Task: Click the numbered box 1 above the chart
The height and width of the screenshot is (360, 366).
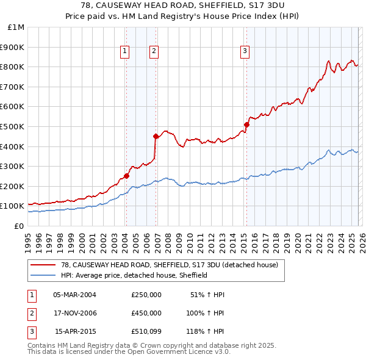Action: (x=124, y=52)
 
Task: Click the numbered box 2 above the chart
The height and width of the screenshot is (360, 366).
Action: (x=154, y=52)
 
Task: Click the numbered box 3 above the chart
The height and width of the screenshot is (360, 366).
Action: (x=244, y=52)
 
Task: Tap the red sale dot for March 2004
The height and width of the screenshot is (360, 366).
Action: (x=126, y=176)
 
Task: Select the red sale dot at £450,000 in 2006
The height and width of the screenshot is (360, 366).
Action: (x=156, y=136)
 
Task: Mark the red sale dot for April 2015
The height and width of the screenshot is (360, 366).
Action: (x=246, y=124)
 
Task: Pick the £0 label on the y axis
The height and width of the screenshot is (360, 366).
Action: (x=20, y=226)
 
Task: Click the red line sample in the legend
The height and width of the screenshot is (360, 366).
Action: (x=43, y=265)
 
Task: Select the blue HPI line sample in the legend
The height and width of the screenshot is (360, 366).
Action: (x=43, y=275)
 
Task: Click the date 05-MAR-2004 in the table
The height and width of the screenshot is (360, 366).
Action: (x=74, y=295)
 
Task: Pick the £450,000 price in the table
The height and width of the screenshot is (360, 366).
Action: (x=146, y=313)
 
